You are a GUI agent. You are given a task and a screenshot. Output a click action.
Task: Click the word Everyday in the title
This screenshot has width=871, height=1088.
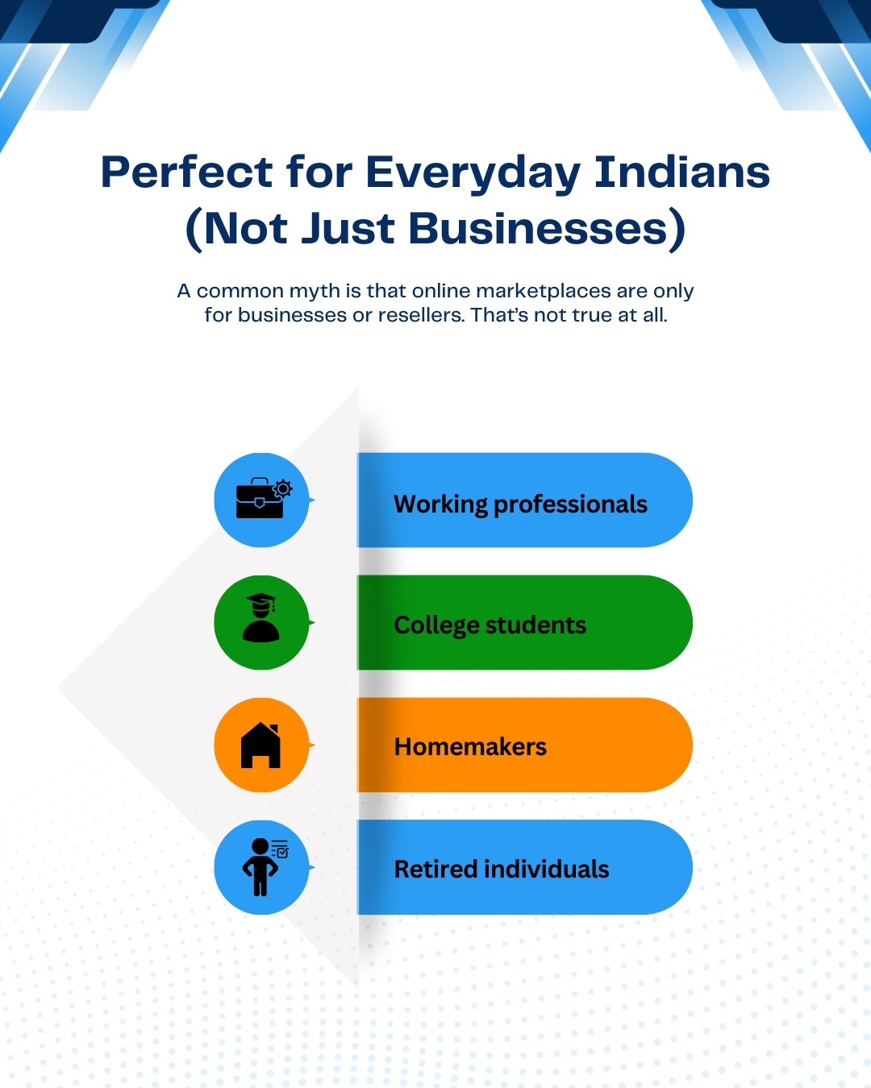point(473,173)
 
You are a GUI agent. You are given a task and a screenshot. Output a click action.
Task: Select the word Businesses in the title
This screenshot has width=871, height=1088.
point(539,228)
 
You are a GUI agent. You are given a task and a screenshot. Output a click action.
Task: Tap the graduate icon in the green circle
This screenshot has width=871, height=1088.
point(260,619)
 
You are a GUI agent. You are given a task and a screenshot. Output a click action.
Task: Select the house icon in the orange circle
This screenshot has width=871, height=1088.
point(260,745)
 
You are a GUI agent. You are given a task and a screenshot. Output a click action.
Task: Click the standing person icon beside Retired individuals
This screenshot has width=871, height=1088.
point(260,867)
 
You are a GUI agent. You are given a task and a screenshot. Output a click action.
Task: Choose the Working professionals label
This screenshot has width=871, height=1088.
point(520,504)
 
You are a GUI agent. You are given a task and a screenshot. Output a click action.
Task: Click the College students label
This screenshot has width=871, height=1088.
point(490,625)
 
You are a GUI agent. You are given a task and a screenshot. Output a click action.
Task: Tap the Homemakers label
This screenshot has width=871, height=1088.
point(470,747)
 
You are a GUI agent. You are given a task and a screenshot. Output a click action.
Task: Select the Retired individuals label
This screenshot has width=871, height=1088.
point(501,869)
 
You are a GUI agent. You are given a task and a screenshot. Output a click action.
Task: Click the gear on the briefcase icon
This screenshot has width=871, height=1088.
point(282,488)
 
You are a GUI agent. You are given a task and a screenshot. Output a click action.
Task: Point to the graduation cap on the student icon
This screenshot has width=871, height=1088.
point(260,601)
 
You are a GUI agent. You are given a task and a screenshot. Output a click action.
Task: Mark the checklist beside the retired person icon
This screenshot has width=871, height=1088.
point(280,849)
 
